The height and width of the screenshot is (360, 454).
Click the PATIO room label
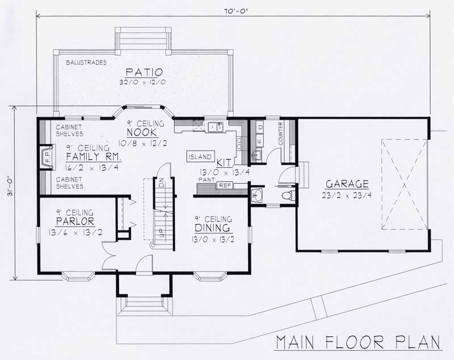(144, 72)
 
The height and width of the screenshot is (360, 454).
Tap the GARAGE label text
(347, 184)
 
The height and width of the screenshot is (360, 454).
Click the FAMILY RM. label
(93, 157)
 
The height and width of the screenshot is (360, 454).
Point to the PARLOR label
(74, 220)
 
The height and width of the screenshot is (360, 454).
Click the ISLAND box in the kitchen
(200, 157)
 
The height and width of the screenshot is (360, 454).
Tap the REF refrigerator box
(225, 185)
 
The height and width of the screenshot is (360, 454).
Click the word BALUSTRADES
(87, 61)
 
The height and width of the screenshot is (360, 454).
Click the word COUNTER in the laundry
(280, 132)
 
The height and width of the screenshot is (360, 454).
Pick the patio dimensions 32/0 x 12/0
(144, 82)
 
